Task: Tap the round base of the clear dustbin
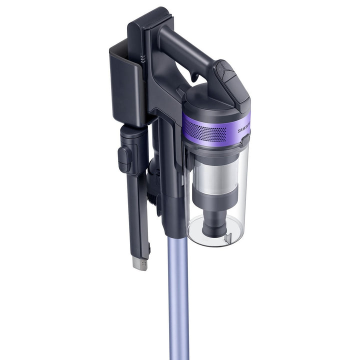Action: [x=215, y=232]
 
